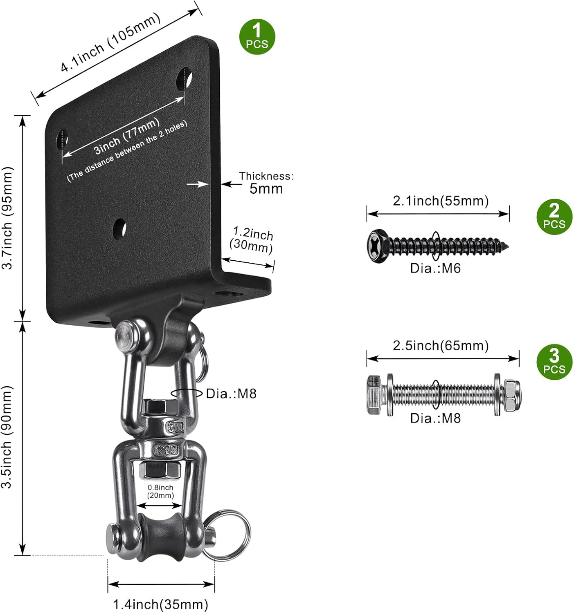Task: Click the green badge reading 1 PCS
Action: (257, 37)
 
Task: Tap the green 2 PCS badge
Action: (554, 217)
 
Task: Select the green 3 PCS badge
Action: (554, 362)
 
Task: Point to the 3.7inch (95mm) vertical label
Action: (8, 217)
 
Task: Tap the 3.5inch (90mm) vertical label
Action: (8, 437)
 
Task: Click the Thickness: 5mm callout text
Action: (266, 183)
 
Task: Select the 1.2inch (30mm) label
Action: (252, 240)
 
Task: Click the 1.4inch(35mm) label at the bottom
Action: (160, 604)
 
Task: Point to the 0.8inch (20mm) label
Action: (160, 491)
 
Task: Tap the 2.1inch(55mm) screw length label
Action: (441, 201)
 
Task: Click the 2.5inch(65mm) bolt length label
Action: (441, 346)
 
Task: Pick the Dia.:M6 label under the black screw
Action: (435, 268)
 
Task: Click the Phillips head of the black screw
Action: (377, 246)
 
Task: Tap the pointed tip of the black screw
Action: (506, 246)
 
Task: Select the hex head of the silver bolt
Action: (375, 395)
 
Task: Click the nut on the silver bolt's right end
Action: (512, 395)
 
